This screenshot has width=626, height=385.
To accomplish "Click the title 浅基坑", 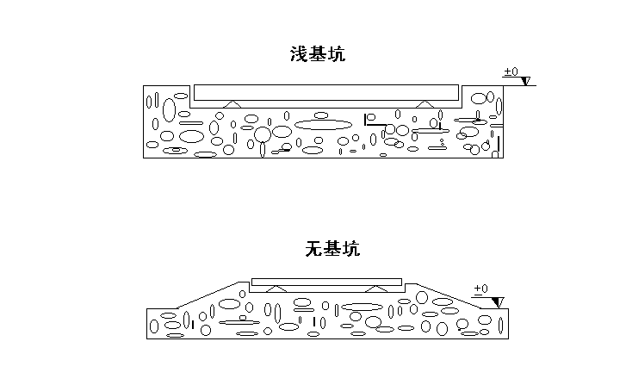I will pyautogui.click(x=319, y=54).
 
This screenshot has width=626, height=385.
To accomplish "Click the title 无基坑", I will pyautogui.click(x=332, y=250).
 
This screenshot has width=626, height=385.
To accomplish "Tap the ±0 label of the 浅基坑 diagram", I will pyautogui.click(x=510, y=72).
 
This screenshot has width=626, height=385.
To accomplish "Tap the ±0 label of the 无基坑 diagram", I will pyautogui.click(x=480, y=289).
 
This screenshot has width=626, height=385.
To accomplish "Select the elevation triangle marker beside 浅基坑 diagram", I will pyautogui.click(x=524, y=82).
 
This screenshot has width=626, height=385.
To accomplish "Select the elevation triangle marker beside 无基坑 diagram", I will pyautogui.click(x=497, y=301).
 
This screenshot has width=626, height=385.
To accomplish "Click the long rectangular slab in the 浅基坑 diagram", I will pyautogui.click(x=325, y=92).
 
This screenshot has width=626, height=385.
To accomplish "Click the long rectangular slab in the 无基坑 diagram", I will pyautogui.click(x=326, y=282).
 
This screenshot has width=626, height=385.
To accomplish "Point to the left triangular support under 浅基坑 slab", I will pyautogui.click(x=229, y=103).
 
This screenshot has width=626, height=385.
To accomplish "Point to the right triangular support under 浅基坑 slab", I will pyautogui.click(x=424, y=103).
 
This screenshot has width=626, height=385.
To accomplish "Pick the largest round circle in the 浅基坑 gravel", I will pyautogui.click(x=263, y=134).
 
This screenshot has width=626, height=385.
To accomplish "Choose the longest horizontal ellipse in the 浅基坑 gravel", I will pyautogui.click(x=323, y=124).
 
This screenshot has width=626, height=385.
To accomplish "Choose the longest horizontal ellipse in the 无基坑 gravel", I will pyautogui.click(x=362, y=307).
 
